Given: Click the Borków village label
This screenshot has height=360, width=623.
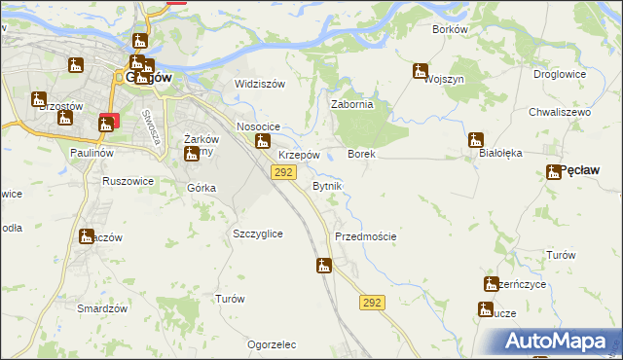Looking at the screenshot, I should tap(450, 29).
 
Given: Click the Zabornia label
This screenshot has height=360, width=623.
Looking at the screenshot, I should tap(352, 105).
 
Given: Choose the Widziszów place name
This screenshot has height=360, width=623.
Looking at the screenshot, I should tap(259, 84).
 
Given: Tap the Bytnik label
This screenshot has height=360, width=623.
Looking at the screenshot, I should tap(327, 185).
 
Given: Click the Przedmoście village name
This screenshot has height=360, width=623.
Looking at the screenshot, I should tap(365, 236).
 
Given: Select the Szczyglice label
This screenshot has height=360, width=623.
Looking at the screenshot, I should tap(258, 234).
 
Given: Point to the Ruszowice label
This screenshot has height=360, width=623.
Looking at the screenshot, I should tap(128, 180).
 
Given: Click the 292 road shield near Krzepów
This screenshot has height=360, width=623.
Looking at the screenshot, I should tap(282, 172).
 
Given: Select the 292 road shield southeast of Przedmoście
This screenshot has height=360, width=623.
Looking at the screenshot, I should tap(370, 303).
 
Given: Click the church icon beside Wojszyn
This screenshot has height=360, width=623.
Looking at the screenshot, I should tap(421, 71).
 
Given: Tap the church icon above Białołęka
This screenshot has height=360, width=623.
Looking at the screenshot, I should tap(476, 139).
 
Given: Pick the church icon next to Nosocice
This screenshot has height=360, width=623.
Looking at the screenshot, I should tap(262, 142).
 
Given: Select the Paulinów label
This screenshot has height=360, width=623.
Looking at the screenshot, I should tap(94, 154).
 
